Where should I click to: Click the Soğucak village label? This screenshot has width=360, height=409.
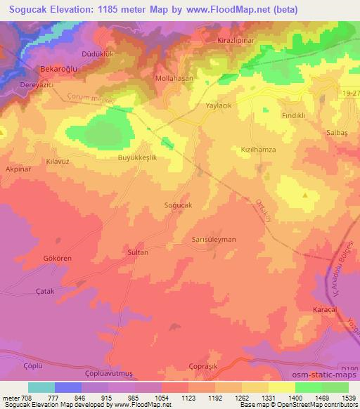pyautogui.click(x=178, y=204)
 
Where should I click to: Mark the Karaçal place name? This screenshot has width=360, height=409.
pyautogui.click(x=326, y=309)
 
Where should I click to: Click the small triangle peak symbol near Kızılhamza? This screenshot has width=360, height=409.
pyautogui.click(x=305, y=195)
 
